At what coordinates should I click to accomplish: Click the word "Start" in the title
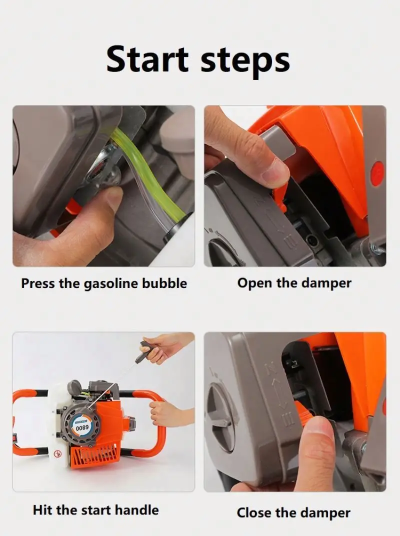click(x=147, y=59)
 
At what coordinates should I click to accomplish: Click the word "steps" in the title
click(x=245, y=61)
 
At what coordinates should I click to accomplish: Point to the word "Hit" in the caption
click(x=43, y=510)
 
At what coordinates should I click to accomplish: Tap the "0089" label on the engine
click(x=82, y=427)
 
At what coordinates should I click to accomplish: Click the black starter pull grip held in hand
click(x=144, y=351)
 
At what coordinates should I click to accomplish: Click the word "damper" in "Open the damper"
click(x=326, y=283)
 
